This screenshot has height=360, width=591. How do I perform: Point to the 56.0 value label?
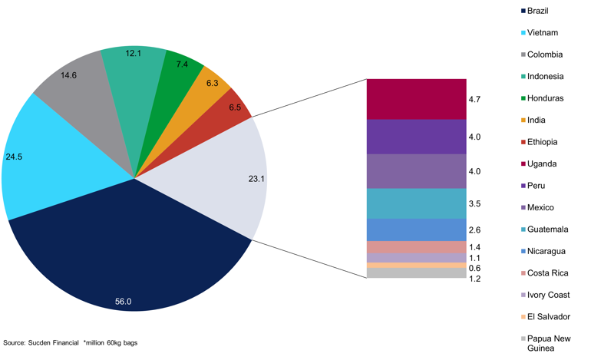124,302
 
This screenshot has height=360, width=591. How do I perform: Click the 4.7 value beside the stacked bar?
474,100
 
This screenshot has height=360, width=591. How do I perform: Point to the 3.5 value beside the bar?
474,204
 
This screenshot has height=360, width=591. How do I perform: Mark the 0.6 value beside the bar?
474,268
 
